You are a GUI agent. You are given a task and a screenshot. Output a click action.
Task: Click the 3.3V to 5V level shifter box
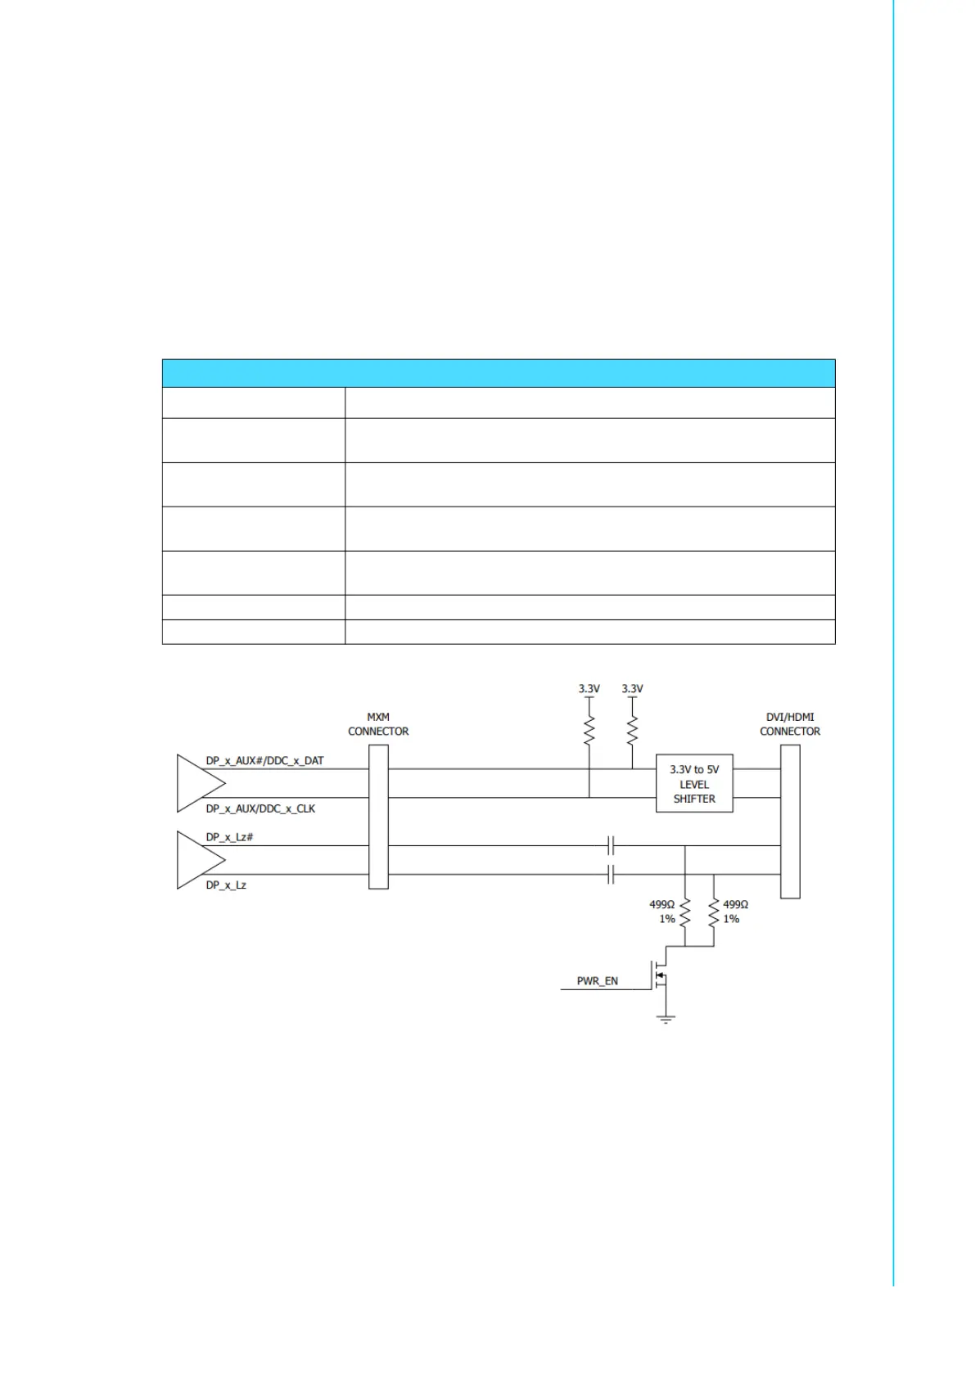tap(693, 783)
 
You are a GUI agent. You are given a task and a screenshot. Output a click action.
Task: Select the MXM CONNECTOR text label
tap(378, 724)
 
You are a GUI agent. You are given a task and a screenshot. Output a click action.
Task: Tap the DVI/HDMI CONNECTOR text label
tap(789, 724)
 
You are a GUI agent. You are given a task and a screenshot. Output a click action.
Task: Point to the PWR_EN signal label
tap(597, 980)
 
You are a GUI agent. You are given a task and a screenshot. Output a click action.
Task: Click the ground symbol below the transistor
tap(666, 1019)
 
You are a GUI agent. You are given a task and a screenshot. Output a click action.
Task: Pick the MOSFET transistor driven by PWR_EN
tap(661, 975)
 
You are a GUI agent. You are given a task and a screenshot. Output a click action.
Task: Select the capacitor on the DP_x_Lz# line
tap(611, 845)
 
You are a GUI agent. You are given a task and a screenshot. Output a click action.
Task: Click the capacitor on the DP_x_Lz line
tap(611, 874)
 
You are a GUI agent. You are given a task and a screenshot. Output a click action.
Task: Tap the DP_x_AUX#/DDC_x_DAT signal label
tap(264, 760)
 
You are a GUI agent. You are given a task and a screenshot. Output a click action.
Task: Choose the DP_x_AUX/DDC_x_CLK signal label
tap(260, 808)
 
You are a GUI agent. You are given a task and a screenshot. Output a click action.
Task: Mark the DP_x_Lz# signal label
tap(229, 837)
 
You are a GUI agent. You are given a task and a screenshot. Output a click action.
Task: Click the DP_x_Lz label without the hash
tap(226, 885)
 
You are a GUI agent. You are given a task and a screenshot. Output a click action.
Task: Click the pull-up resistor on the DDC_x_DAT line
tap(632, 730)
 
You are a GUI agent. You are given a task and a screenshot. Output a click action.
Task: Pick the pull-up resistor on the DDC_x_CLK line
tap(589, 730)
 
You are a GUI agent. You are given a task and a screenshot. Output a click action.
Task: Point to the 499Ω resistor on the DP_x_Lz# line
tap(685, 912)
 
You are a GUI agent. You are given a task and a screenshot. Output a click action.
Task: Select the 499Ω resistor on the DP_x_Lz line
tap(714, 912)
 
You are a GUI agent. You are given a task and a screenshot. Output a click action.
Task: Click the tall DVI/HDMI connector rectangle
tap(790, 821)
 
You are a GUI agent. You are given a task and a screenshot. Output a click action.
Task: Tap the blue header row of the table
tap(498, 373)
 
